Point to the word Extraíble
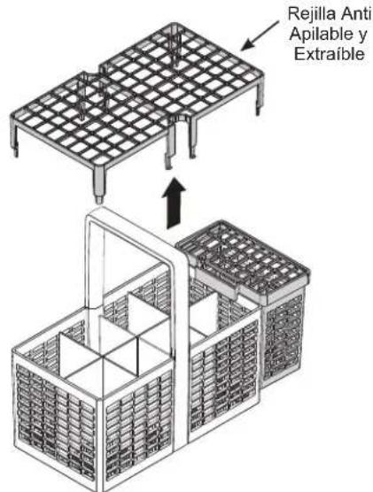click(330, 54)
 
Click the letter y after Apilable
click(361, 36)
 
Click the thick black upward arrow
click(174, 203)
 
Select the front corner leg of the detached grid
click(99, 182)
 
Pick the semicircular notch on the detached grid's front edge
click(179, 119)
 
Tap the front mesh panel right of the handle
click(224, 377)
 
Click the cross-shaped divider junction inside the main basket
click(103, 357)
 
